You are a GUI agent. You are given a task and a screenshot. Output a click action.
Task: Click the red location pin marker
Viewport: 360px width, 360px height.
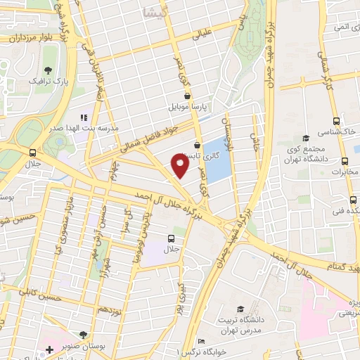(x=180, y=165)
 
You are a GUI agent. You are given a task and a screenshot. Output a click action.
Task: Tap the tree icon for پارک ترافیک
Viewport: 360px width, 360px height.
(x=48, y=70)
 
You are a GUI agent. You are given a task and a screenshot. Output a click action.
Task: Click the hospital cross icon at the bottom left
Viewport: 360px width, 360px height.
(x=49, y=349)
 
